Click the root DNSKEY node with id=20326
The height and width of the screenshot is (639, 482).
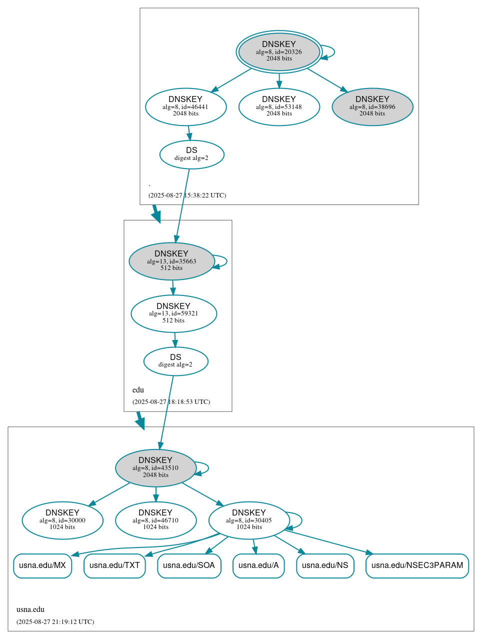pyautogui.click(x=279, y=51)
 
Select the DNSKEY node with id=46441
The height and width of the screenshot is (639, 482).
pyautogui.click(x=185, y=106)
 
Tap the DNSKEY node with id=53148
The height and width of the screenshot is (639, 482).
pyautogui.click(x=279, y=106)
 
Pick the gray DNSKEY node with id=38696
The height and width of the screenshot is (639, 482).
pyautogui.click(x=372, y=106)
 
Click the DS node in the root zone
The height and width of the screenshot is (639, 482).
pyautogui.click(x=191, y=154)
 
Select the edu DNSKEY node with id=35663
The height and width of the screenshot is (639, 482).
pyautogui.click(x=171, y=261)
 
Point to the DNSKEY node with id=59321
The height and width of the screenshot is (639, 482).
pyautogui.click(x=173, y=313)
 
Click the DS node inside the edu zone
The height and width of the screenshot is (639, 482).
pyautogui.click(x=175, y=361)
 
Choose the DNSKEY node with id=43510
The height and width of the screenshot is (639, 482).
pyautogui.click(x=155, y=468)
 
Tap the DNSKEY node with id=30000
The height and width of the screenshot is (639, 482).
pyautogui.click(x=62, y=520)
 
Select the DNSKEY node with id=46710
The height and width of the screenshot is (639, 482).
pyautogui.click(x=155, y=520)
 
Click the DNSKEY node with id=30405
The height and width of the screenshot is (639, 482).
pyautogui.click(x=249, y=520)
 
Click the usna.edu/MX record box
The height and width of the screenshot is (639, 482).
pyautogui.click(x=42, y=565)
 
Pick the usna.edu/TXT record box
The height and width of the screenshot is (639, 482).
pyautogui.click(x=114, y=565)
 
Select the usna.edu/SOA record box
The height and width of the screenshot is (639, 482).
pyautogui.click(x=189, y=565)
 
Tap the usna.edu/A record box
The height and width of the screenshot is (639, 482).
pyautogui.click(x=258, y=565)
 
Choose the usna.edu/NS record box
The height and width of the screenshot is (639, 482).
pyautogui.click(x=325, y=565)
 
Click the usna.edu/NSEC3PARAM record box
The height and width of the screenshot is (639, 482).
pyautogui.click(x=417, y=565)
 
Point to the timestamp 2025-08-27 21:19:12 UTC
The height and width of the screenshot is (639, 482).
pyautogui.click(x=55, y=622)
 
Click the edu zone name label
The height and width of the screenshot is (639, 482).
pyautogui.click(x=138, y=390)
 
